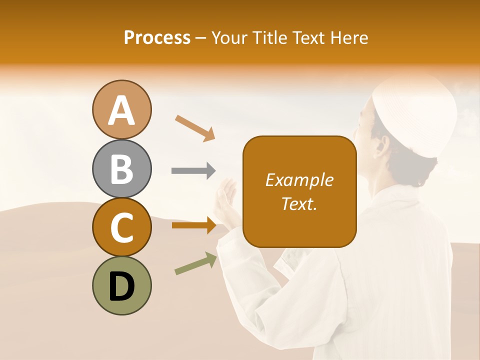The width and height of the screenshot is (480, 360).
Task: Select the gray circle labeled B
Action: click(x=122, y=168)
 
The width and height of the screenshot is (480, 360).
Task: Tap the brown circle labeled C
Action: click(x=122, y=227)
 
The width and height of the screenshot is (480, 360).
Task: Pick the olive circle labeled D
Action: click(x=122, y=285)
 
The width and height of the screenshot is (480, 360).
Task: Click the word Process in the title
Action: click(x=157, y=37)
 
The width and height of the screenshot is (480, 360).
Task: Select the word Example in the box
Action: click(x=299, y=180)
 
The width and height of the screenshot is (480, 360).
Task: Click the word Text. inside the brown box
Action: click(x=299, y=203)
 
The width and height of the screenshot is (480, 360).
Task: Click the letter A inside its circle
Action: click(x=122, y=110)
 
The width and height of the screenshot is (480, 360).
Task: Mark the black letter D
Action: click(x=122, y=286)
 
